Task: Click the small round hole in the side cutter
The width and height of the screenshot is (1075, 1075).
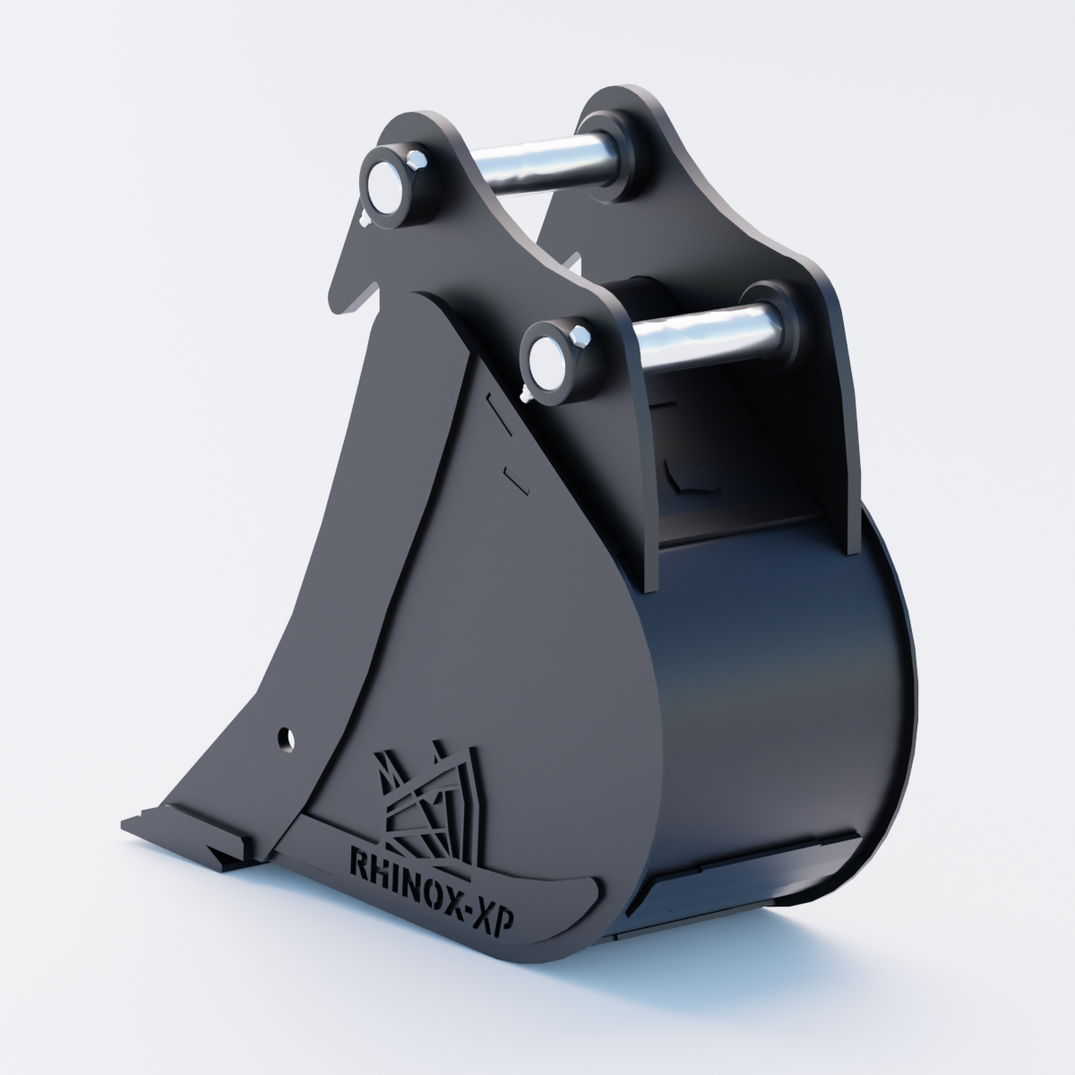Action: point(287,738)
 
